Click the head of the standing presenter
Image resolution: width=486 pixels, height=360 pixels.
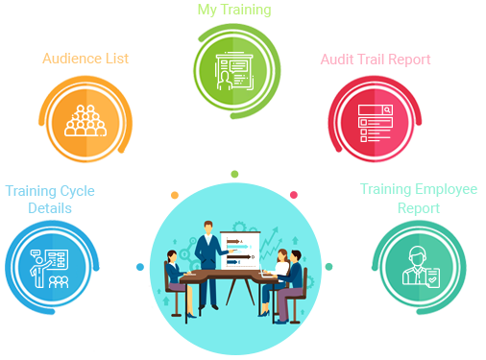(207, 228)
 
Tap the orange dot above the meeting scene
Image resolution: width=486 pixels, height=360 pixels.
(174, 195)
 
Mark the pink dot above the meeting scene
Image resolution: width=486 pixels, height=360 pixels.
(293, 195)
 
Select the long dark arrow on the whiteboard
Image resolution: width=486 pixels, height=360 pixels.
(241, 246)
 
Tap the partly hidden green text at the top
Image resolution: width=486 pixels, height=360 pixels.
(234, 11)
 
